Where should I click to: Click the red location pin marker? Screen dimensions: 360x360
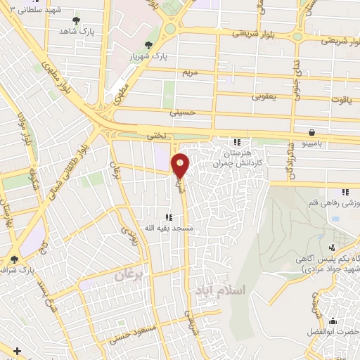pos(181,165)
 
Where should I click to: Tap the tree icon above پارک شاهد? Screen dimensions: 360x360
pos(76,20)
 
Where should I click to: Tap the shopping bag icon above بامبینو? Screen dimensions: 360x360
pos(311,131)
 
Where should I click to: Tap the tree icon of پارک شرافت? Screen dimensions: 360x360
pos(13,259)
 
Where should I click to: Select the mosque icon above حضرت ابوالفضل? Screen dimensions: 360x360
pos(333,323)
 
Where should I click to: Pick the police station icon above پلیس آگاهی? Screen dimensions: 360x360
pos(333,247)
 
